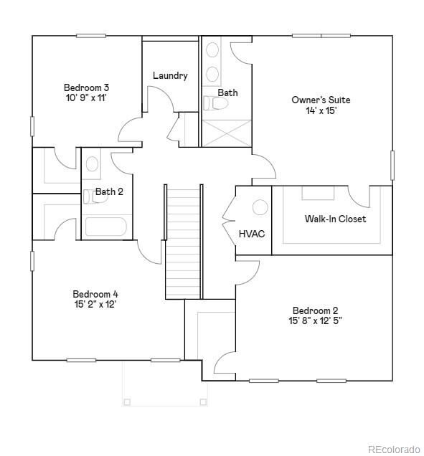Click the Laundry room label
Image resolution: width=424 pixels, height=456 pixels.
pyautogui.click(x=170, y=76)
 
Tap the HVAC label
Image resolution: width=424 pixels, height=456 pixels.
pyautogui.click(x=252, y=234)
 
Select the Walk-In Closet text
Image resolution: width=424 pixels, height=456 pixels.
pyautogui.click(x=335, y=219)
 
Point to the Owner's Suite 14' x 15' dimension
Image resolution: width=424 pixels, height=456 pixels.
pyautogui.click(x=321, y=111)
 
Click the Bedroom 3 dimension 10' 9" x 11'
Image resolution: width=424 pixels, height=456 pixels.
pyautogui.click(x=86, y=98)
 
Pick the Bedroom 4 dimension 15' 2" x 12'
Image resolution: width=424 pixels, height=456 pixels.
pyautogui.click(x=95, y=305)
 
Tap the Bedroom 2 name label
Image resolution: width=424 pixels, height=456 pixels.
pyautogui.click(x=315, y=310)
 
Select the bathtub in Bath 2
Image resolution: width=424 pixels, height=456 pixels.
pyautogui.click(x=106, y=227)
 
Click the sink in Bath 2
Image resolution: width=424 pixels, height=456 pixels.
pyautogui.click(x=92, y=164)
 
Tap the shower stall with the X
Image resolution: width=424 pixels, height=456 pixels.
pyautogui.click(x=226, y=133)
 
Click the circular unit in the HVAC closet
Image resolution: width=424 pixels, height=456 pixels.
pyautogui.click(x=260, y=207)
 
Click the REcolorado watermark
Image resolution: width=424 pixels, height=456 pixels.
pyautogui.click(x=394, y=449)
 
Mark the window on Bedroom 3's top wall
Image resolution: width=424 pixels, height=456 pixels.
pyautogui.click(x=91, y=36)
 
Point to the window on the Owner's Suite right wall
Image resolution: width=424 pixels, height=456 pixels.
pyautogui.click(x=392, y=165)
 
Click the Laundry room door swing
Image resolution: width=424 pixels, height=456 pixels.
pyautogui.click(x=161, y=99)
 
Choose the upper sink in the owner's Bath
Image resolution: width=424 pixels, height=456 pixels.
pyautogui.click(x=212, y=49)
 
